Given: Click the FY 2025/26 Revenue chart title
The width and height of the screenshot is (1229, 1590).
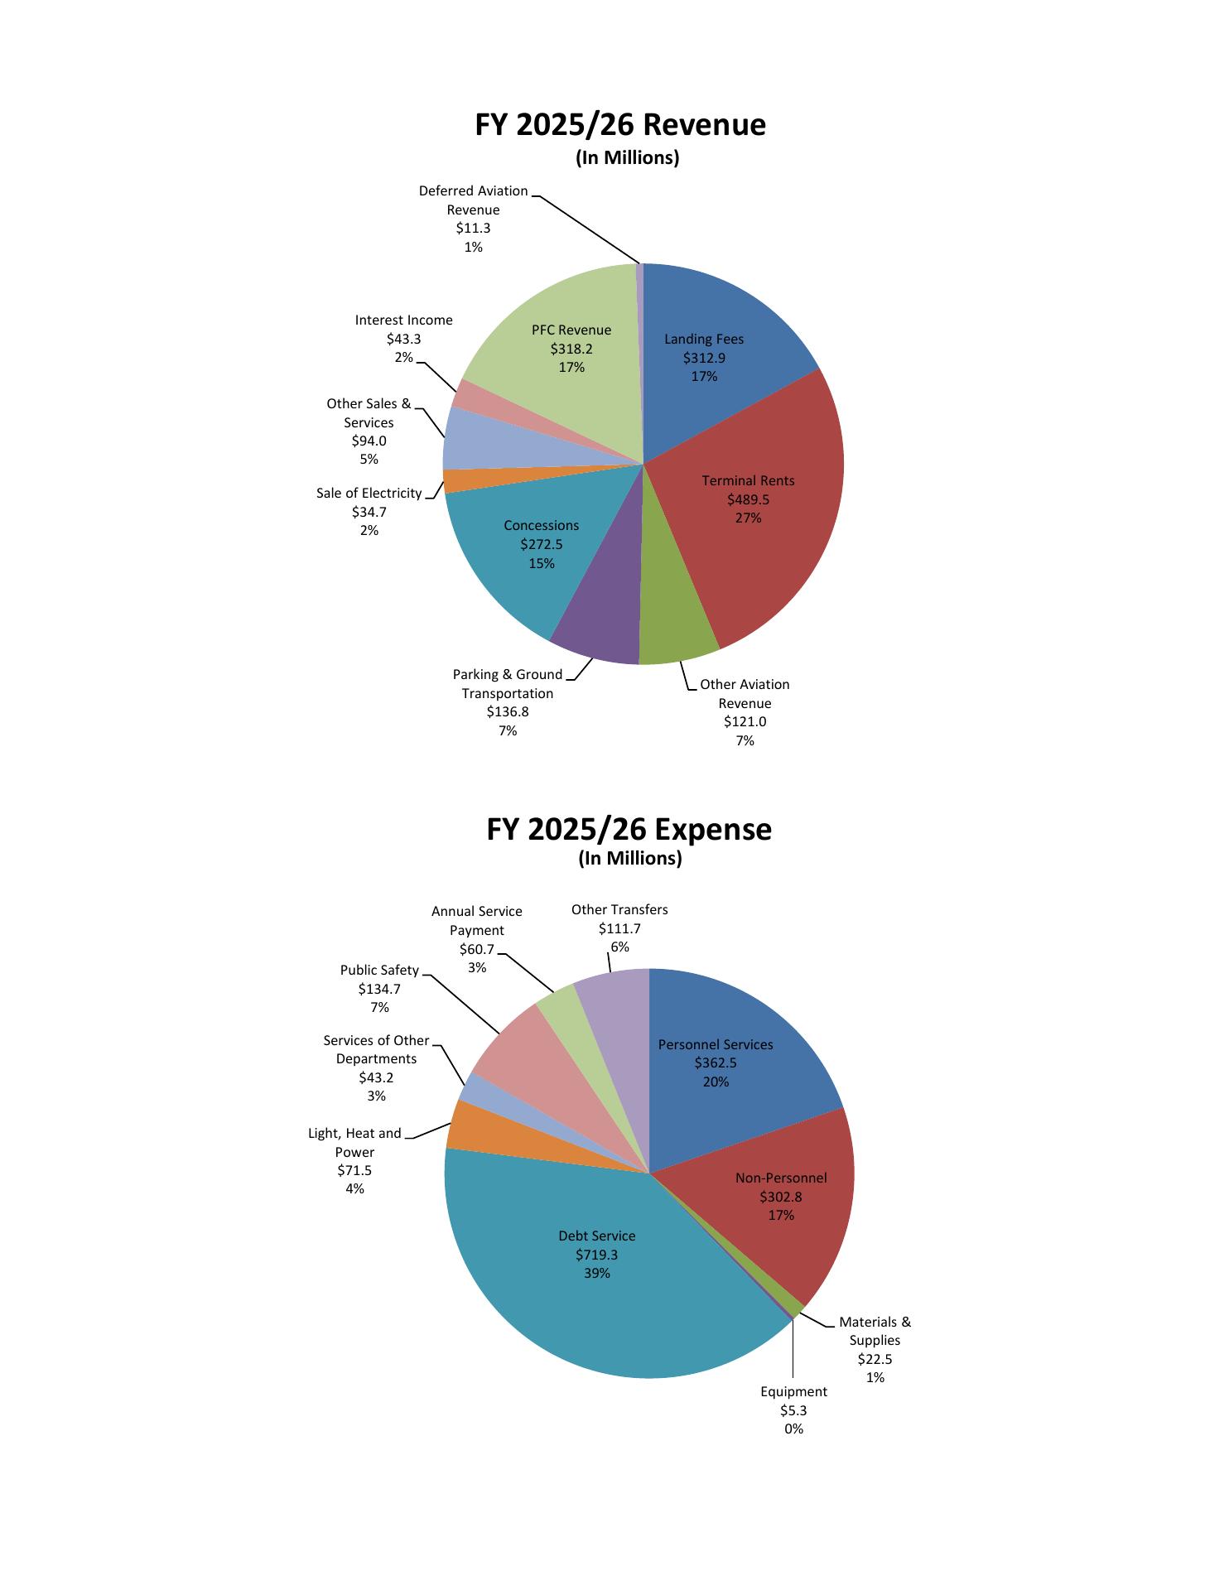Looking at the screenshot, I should [619, 125].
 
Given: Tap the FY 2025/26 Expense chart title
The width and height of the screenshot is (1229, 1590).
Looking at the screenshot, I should [629, 829].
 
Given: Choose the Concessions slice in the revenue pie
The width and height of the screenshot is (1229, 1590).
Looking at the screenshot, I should [522, 555].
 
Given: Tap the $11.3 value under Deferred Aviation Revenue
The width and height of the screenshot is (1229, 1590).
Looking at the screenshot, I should [473, 229].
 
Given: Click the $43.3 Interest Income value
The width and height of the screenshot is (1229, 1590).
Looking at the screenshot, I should [403, 339].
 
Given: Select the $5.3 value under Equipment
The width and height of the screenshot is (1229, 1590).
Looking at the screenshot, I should [793, 1410].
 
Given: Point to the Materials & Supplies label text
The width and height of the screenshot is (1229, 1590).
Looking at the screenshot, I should [875, 1331].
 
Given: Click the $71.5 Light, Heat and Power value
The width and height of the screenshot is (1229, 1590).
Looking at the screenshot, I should [354, 1170].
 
